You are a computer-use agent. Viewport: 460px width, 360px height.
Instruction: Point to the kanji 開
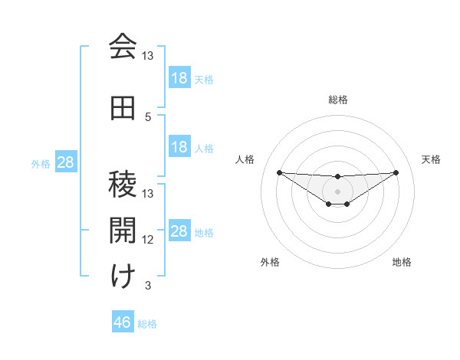[122, 229]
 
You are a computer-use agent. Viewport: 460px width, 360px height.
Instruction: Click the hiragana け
[122, 276]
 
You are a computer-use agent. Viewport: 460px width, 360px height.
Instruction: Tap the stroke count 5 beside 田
[148, 117]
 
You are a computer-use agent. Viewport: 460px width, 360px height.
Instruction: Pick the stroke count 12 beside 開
[148, 240]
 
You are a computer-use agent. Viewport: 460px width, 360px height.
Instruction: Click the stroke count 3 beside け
[148, 286]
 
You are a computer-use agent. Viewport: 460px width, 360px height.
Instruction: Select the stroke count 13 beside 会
[148, 56]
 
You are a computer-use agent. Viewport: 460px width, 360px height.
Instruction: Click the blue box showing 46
[122, 322]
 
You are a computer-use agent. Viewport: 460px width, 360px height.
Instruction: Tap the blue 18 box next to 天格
[179, 78]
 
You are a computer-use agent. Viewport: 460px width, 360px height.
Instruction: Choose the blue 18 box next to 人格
[179, 147]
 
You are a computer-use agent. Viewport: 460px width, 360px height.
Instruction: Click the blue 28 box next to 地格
[179, 231]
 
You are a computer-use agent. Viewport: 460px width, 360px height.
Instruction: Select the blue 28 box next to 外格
[65, 162]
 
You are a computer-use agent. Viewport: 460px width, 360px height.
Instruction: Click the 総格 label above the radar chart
[338, 100]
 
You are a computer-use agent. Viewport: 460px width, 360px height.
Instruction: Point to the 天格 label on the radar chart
[432, 159]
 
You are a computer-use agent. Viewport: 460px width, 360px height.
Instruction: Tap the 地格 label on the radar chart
[402, 263]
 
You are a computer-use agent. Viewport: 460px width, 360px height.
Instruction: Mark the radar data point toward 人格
[279, 172]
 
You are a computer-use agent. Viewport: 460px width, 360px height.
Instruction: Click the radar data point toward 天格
[396, 172]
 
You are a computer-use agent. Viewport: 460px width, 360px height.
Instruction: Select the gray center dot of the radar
[337, 191]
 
